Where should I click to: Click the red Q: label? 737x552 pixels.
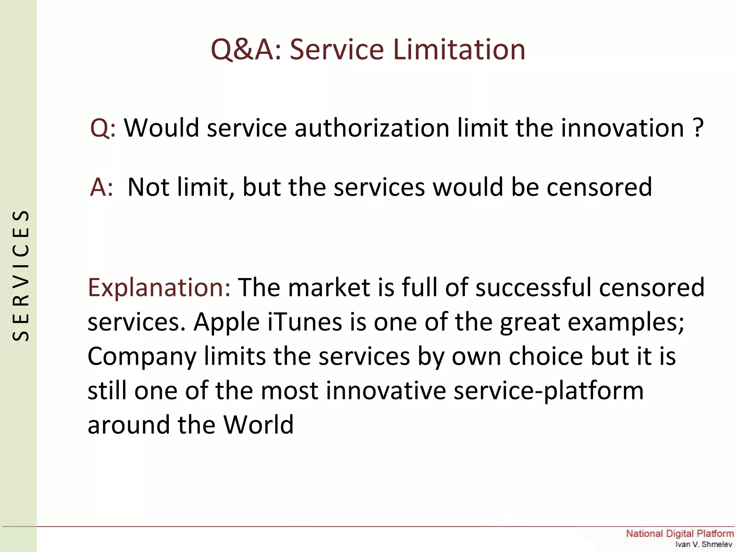[x=103, y=128]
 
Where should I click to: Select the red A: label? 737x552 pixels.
[x=101, y=187]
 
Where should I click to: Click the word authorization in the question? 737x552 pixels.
[x=372, y=128]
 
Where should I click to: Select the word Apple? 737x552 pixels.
[x=226, y=323]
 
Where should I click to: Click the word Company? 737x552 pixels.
[x=142, y=357]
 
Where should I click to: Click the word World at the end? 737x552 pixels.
[x=258, y=425]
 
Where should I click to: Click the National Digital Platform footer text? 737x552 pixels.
[x=679, y=534]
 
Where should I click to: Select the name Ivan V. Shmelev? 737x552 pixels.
[x=703, y=544]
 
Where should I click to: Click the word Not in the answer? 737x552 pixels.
[x=149, y=187]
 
